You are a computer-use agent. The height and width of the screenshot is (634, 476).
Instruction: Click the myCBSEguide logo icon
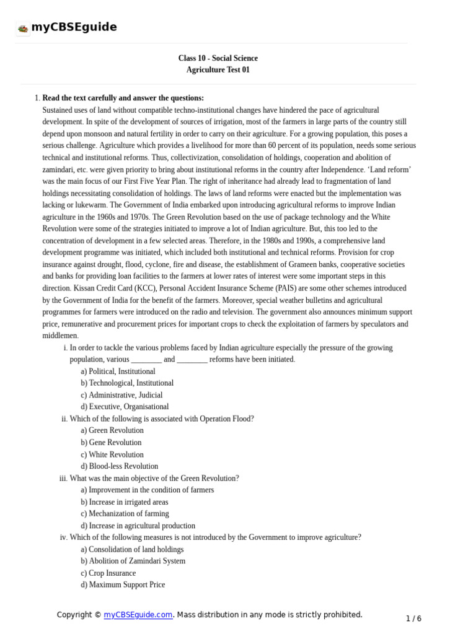tap(23, 28)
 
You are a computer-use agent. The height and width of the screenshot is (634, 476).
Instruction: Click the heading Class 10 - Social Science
tap(218, 58)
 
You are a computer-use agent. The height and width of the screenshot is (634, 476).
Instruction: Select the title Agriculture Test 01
tap(218, 70)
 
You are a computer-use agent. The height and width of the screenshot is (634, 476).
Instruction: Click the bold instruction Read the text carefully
tap(123, 98)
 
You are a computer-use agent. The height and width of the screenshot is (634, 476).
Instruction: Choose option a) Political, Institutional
tap(118, 371)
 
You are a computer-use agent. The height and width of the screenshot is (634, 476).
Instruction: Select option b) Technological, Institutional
tap(127, 383)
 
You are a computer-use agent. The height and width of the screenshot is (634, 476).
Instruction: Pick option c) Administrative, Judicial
tap(121, 395)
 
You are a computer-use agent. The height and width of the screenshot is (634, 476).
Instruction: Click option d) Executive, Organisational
tap(125, 407)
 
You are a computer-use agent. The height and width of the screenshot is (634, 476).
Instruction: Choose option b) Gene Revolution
tap(111, 443)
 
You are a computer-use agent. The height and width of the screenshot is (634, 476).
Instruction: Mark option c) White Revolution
tap(112, 454)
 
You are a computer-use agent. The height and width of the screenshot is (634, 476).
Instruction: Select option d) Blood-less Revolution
tap(119, 466)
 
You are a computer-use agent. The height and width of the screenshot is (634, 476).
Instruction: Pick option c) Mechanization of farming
tap(125, 514)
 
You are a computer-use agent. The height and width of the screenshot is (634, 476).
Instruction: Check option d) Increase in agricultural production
tap(138, 526)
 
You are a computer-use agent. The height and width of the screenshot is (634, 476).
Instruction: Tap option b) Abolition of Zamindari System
tap(133, 561)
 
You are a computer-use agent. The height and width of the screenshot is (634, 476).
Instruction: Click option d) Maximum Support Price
tap(123, 584)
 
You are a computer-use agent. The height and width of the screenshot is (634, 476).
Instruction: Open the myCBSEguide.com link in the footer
tap(138, 615)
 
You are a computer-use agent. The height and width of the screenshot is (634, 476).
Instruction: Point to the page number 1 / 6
tap(413, 619)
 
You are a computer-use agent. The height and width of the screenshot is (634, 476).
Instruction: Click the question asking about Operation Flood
tap(161, 419)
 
